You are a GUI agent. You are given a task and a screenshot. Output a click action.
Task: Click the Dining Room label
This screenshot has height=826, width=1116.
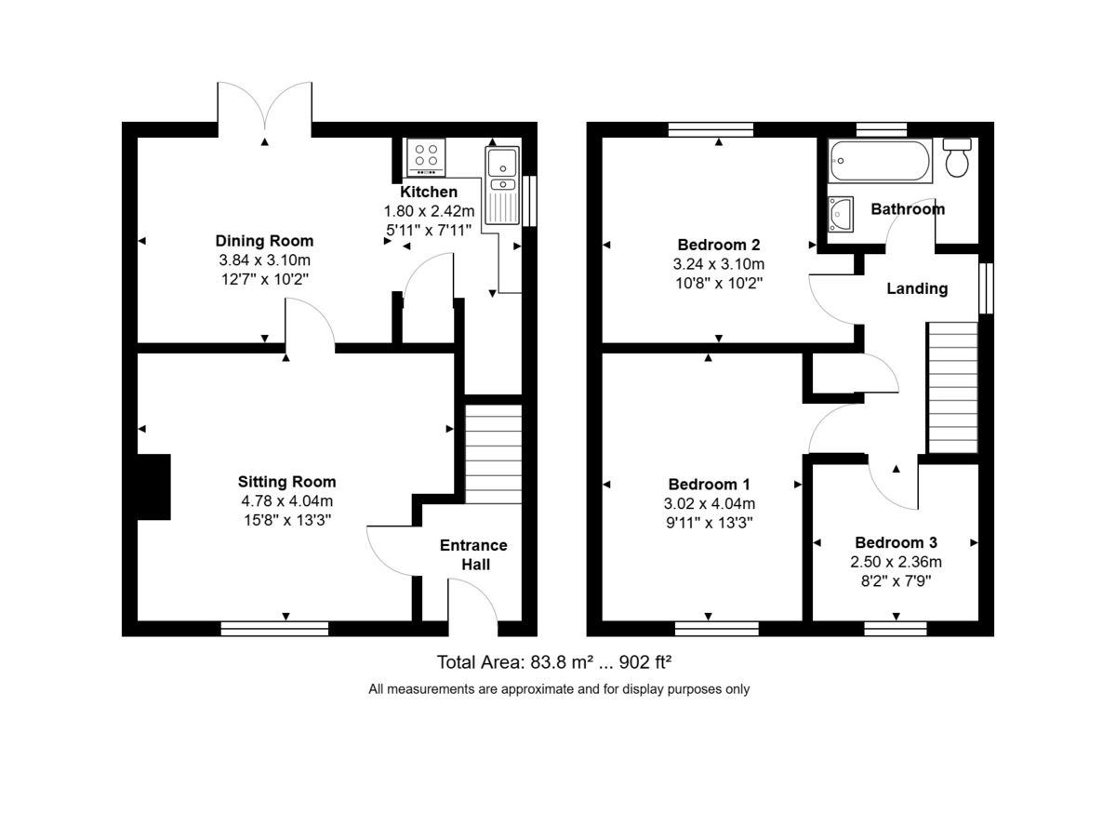point(264,241)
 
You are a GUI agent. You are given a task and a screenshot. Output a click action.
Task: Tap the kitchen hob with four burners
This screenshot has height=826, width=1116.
point(427,158)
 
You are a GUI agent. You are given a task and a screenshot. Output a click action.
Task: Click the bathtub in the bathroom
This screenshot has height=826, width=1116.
point(879,161)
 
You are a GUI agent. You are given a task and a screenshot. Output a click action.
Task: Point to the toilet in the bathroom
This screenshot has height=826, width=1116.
point(957,158)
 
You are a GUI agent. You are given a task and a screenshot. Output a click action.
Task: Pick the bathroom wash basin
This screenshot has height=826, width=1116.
point(841,213)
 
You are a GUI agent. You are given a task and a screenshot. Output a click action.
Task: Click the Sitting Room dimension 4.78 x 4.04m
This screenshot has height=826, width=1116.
point(286,500)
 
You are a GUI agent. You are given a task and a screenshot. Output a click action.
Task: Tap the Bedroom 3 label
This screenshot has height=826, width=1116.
point(896,542)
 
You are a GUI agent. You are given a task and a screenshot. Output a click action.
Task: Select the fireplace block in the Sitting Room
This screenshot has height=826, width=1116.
point(153,486)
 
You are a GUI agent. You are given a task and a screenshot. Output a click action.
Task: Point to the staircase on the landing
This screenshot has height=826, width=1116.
point(952,386)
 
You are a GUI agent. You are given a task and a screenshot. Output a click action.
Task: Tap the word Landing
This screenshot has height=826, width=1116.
point(917,288)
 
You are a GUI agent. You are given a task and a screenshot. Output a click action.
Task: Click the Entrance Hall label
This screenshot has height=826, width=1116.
point(473,554)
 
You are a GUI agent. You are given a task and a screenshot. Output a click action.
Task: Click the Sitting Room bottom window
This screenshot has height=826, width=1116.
point(274,629)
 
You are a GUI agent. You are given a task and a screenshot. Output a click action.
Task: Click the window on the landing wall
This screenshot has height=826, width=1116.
point(987,289)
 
